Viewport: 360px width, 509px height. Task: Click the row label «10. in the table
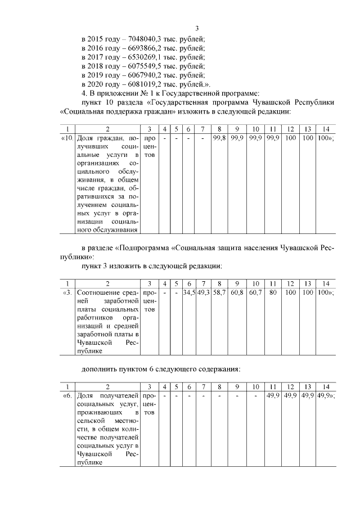tap(66, 138)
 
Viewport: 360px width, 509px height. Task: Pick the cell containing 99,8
tap(219, 138)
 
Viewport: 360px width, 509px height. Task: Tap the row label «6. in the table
tap(66, 397)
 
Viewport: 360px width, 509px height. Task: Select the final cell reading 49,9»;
tap(325, 397)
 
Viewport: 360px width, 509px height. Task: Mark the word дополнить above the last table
tap(100, 369)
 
